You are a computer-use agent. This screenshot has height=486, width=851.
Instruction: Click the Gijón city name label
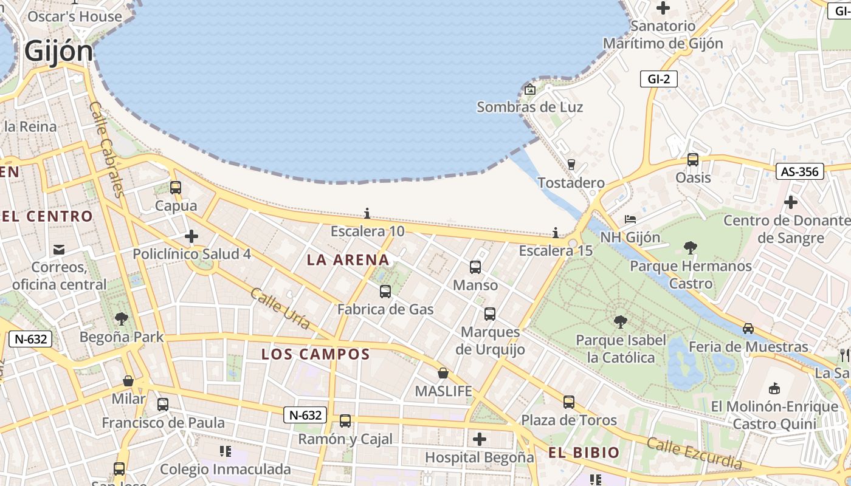[59, 51]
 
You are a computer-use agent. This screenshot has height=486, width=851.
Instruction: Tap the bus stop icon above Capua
[176, 188]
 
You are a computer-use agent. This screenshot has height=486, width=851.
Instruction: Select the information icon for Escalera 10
[367, 213]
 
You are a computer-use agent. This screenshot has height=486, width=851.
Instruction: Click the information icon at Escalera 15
[555, 233]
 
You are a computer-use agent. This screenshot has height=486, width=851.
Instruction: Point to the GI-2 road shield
[658, 79]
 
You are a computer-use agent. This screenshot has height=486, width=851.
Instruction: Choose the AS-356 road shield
[799, 172]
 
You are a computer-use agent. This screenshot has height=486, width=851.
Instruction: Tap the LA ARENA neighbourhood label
[348, 260]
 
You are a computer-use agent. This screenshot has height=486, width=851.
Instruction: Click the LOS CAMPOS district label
[315, 354]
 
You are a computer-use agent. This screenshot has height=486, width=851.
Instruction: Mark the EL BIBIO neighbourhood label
[584, 453]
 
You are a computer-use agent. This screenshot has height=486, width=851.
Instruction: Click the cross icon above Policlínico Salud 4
[191, 236]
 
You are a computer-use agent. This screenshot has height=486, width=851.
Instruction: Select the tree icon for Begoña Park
[122, 318]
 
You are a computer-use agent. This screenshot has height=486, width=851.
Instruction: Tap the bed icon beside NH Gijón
[630, 219]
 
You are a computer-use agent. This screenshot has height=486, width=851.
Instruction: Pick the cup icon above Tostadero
[571, 164]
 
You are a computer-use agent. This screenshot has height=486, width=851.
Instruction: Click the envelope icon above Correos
[59, 249]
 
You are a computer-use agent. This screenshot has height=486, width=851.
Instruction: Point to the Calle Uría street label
[280, 309]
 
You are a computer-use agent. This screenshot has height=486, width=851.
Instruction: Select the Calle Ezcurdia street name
[694, 453]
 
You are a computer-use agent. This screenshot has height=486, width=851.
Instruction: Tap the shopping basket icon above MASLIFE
[443, 373]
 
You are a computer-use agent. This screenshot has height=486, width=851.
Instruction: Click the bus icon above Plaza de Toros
[569, 402]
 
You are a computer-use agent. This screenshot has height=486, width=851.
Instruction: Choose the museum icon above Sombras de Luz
[529, 90]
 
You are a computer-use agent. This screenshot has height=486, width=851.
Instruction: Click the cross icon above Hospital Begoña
[479, 439]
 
